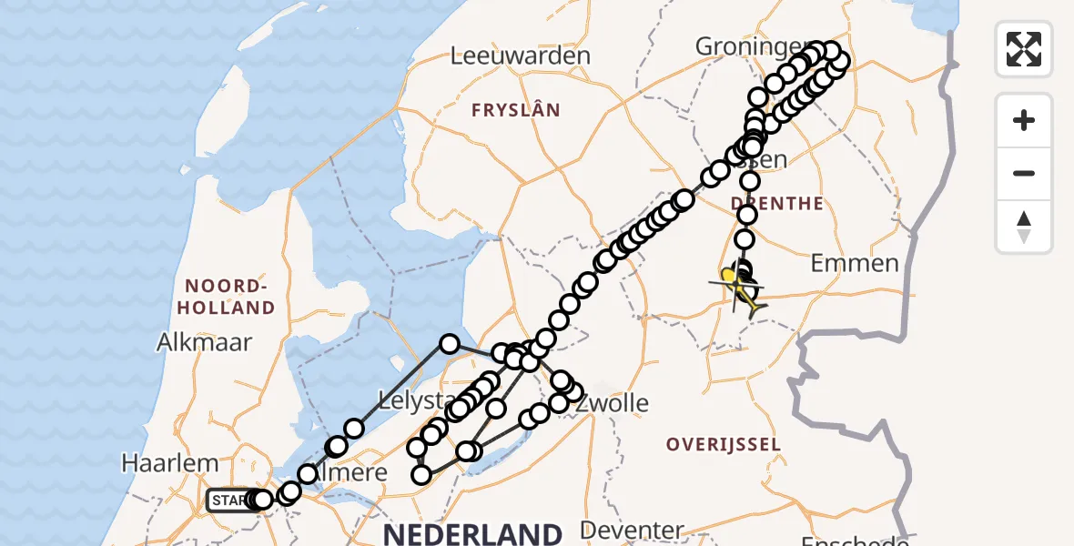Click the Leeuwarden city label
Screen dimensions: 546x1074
pyautogui.click(x=521, y=56)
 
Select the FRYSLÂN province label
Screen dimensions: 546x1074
pyautogui.click(x=515, y=110)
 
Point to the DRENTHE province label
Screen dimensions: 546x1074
pyautogui.click(x=777, y=203)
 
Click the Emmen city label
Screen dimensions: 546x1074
pyautogui.click(x=855, y=264)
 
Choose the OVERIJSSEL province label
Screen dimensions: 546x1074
pyautogui.click(x=724, y=445)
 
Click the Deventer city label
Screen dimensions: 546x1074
pyautogui.click(x=631, y=531)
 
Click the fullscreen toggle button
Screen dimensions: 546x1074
pyautogui.click(x=1024, y=49)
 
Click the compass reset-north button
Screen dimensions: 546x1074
pyautogui.click(x=1024, y=227)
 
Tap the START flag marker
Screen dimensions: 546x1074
pyautogui.click(x=229, y=500)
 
